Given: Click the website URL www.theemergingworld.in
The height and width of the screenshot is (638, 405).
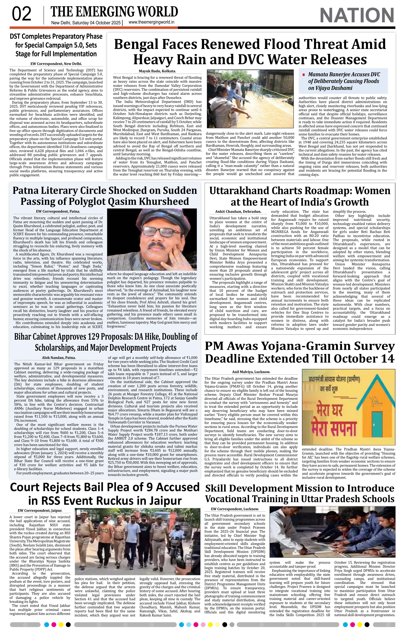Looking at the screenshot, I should pos(151,22).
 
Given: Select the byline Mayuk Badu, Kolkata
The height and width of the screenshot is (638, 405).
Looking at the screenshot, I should pos(157,71).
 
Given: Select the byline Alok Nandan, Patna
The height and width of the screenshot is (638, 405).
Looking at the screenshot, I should pos(59,357).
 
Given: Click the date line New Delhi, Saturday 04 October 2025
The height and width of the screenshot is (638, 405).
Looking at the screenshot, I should pos(86,23).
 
